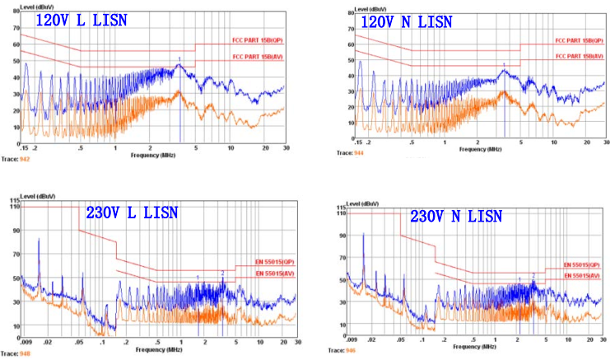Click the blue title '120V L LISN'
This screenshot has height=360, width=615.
80,21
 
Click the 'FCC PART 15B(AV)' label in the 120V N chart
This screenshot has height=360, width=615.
578,56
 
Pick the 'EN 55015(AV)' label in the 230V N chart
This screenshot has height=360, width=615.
582,274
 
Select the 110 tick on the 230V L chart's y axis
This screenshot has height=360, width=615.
15,206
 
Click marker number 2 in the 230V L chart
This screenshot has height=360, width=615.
222,273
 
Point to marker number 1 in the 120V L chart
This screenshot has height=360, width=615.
179,58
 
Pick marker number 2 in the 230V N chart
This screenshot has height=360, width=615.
533,275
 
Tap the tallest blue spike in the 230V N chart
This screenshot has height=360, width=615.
363,236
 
